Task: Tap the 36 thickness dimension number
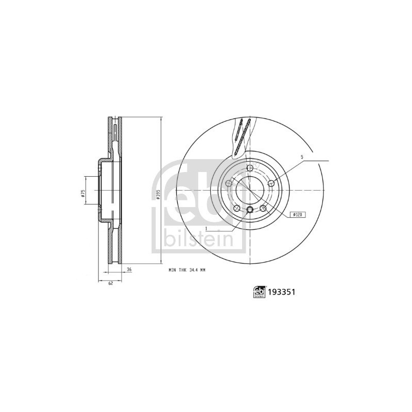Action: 129,269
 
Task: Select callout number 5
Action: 303,157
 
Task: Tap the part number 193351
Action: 282,291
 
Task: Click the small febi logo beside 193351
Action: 259,291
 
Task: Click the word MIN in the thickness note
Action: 172,269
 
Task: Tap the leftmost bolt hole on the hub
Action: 229,182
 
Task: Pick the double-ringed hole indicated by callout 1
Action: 250,209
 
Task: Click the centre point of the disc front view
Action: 250,190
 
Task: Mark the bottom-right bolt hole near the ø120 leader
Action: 264,208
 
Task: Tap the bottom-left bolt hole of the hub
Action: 237,208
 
